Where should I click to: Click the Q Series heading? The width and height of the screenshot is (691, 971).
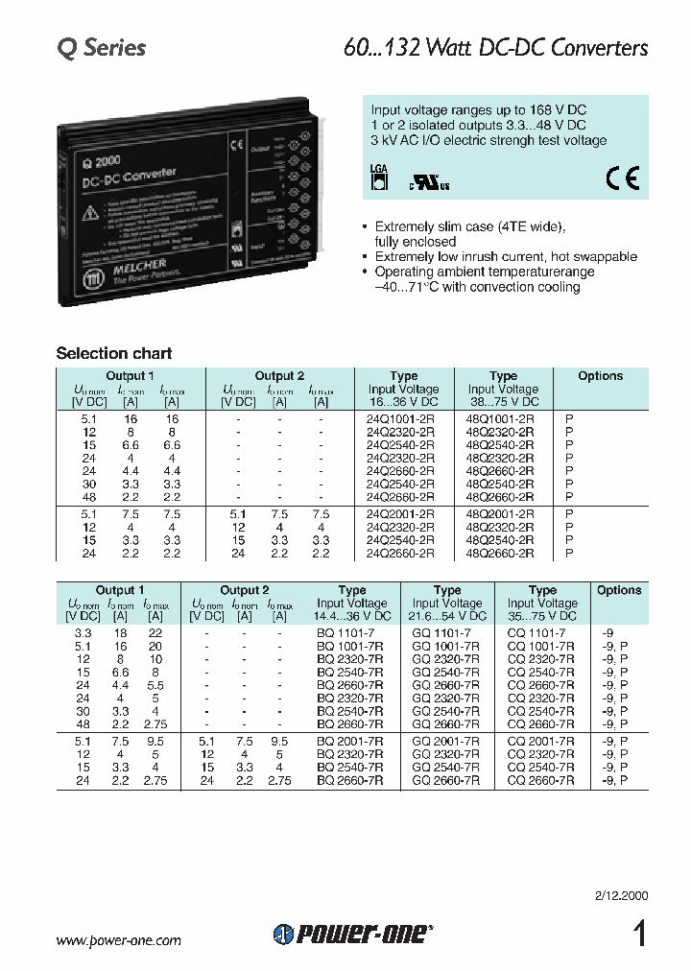pos(101,48)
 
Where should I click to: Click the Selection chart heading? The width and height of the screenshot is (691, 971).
pos(114,353)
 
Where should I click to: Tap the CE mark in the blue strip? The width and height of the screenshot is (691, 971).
pos(621,178)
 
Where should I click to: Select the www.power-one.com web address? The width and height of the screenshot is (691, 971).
pos(119,941)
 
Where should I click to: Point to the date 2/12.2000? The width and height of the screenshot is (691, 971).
pos(621,895)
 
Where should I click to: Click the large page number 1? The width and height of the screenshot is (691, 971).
pos(638,934)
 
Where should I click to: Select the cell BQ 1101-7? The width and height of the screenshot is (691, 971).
pos(348,633)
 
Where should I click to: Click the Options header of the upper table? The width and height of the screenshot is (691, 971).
pos(600,376)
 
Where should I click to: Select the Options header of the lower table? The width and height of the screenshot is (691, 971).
pos(618,590)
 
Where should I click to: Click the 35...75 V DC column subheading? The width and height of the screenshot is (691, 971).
pos(542,616)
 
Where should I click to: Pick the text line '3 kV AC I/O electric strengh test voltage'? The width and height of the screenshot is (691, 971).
pos(488,140)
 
